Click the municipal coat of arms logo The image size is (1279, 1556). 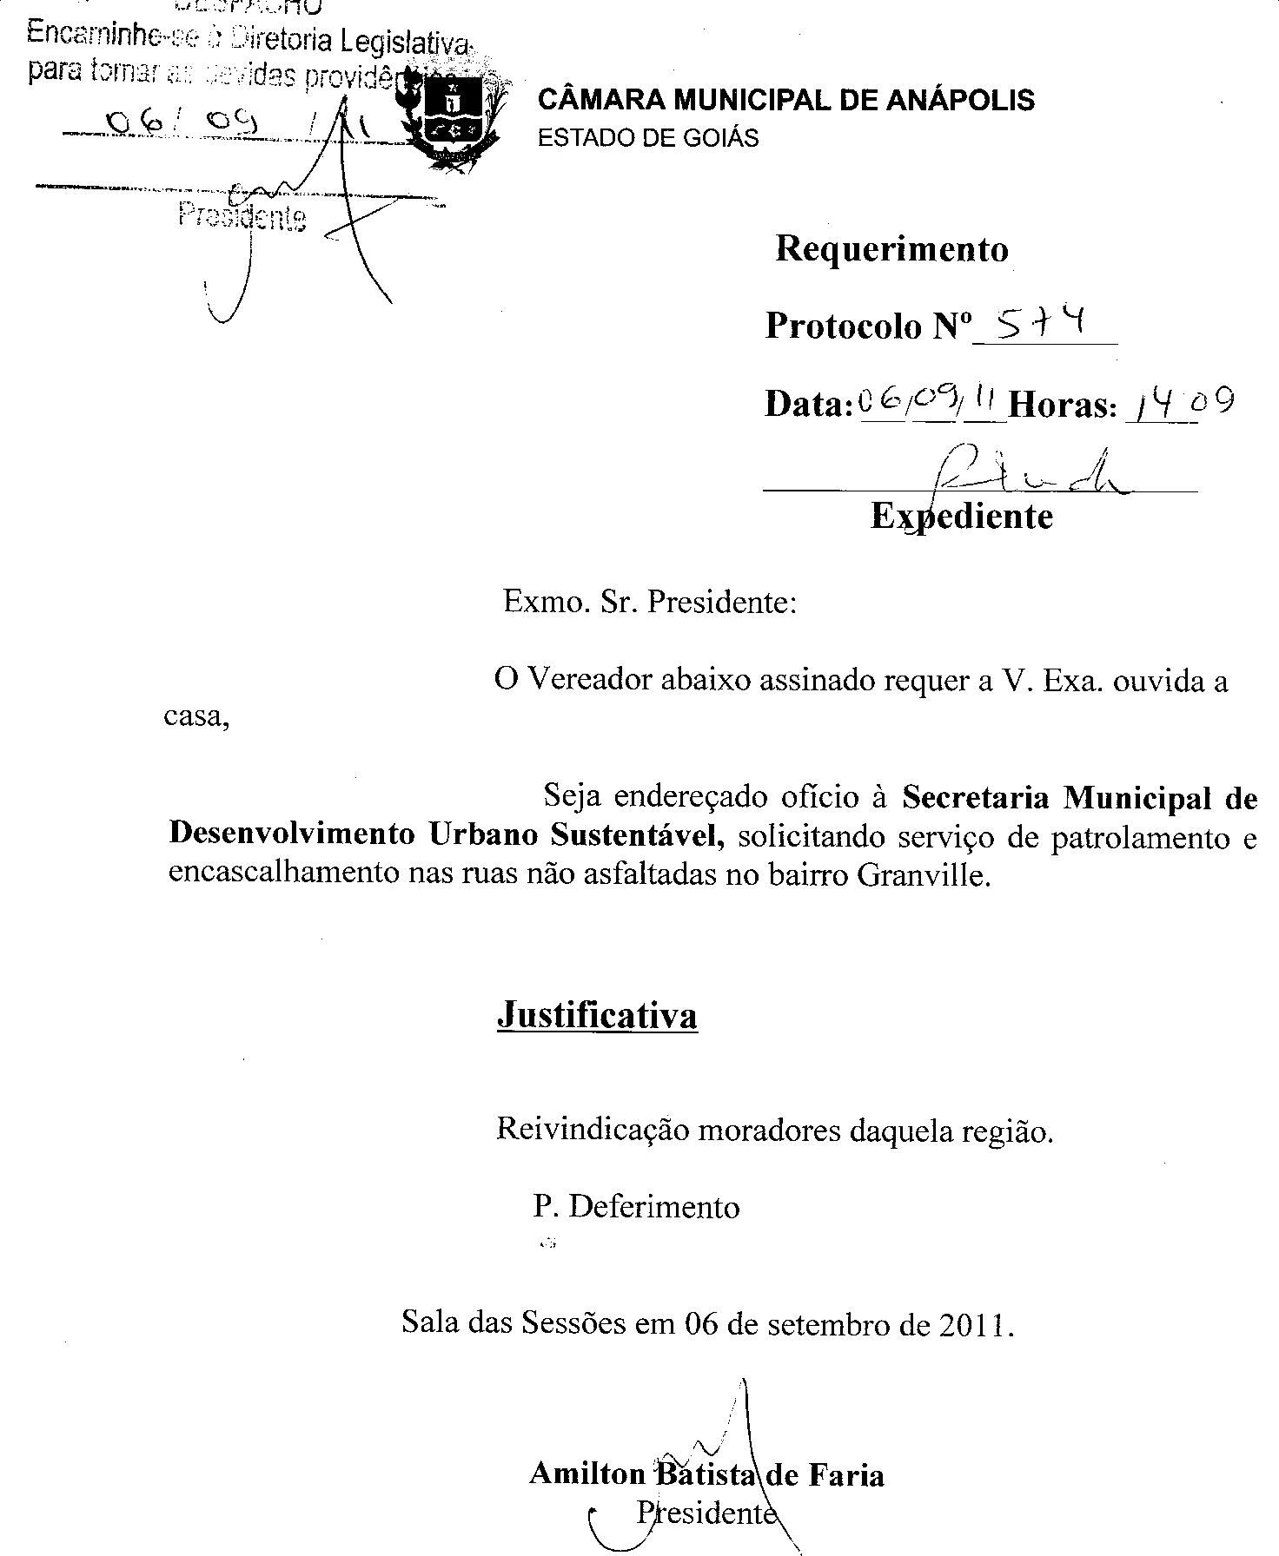click(452, 117)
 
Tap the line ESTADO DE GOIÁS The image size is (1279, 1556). click(648, 138)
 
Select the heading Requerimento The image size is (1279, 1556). click(891, 249)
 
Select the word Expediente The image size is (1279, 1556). click(961, 516)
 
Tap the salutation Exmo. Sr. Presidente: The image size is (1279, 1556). click(650, 602)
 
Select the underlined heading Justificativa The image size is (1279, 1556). click(597, 1014)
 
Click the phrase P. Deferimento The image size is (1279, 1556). click(636, 1207)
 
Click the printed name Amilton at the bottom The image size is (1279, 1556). click(586, 1474)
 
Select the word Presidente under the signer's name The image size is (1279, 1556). click(706, 1513)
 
